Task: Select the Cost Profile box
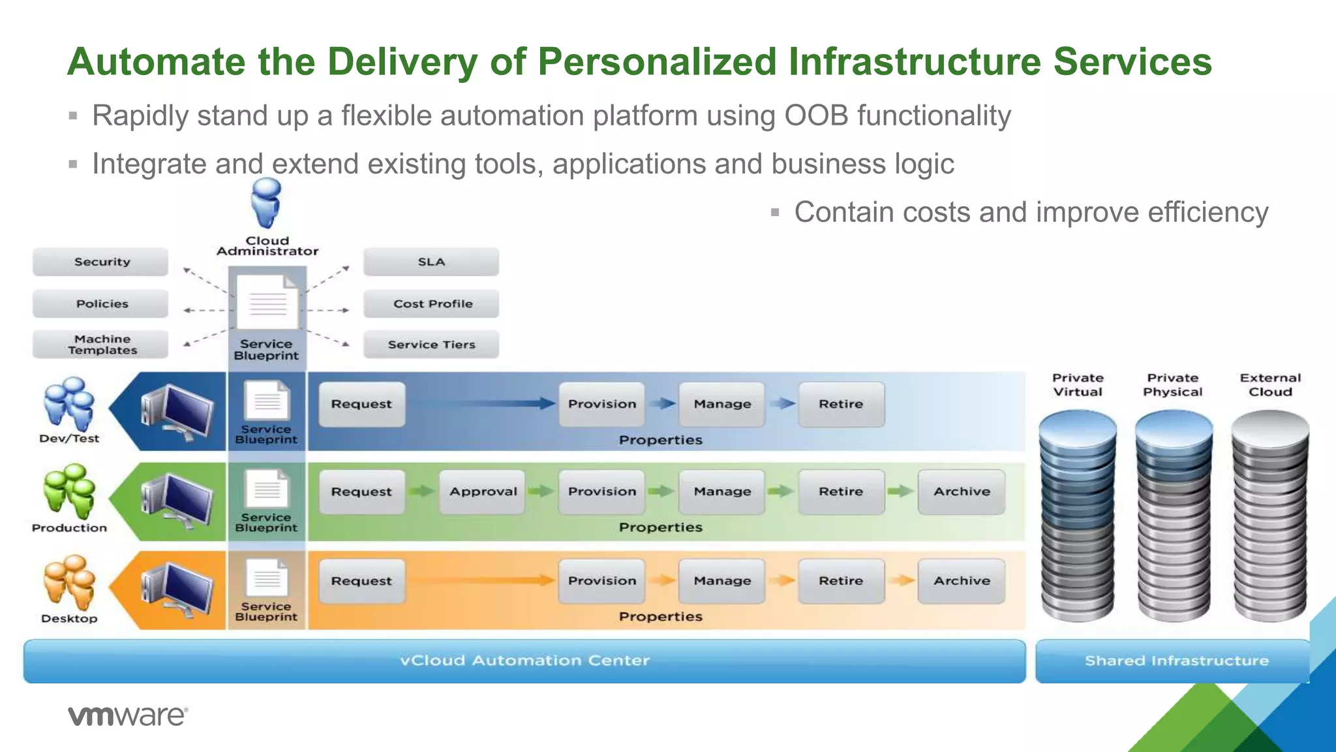pyautogui.click(x=431, y=304)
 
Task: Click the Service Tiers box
pyautogui.click(x=431, y=345)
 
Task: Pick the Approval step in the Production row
pyautogui.click(x=482, y=492)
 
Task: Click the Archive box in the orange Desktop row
pyautogui.click(x=961, y=580)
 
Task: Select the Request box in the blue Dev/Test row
pyautogui.click(x=361, y=404)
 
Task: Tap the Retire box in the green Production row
pyautogui.click(x=841, y=492)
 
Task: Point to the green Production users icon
pyautogui.click(x=68, y=491)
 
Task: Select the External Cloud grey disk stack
pyautogui.click(x=1269, y=516)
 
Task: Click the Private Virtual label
pyautogui.click(x=1078, y=384)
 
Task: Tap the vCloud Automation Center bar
pyautogui.click(x=524, y=661)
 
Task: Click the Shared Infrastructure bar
pyautogui.click(x=1176, y=661)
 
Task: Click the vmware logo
pyautogui.click(x=127, y=715)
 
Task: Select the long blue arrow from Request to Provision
pyautogui.click(x=483, y=403)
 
